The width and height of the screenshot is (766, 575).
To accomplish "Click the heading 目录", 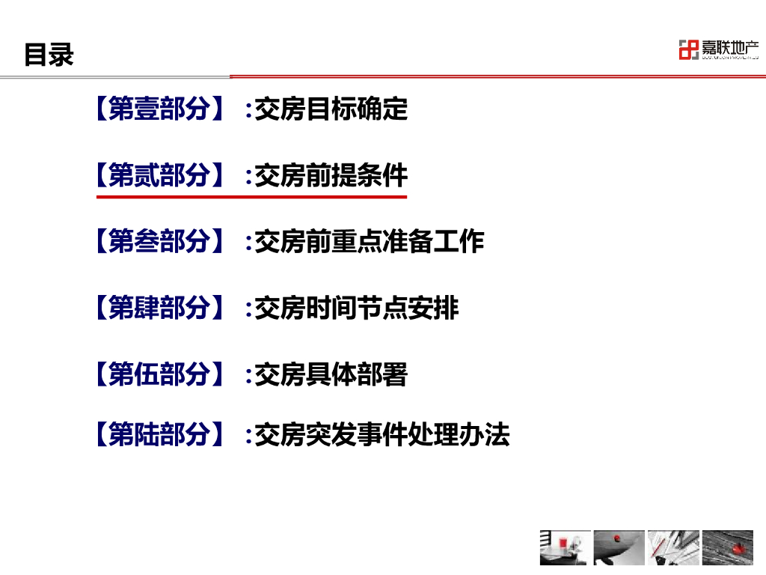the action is pyautogui.click(x=49, y=55).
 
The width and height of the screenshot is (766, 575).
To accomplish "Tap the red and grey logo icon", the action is pyautogui.click(x=687, y=50).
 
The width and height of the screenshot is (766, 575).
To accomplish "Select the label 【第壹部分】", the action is pyautogui.click(x=159, y=109).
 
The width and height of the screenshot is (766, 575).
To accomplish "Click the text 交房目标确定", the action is pyautogui.click(x=331, y=109).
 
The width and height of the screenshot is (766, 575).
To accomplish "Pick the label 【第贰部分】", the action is pyautogui.click(x=159, y=176).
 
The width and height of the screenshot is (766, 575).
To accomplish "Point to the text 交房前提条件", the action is pyautogui.click(x=331, y=176).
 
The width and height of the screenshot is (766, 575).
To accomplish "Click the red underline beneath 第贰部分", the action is pyautogui.click(x=251, y=197).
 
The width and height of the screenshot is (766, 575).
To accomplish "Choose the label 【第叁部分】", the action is pyautogui.click(x=159, y=242).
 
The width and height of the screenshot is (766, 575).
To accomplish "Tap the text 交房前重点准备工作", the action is pyautogui.click(x=370, y=242).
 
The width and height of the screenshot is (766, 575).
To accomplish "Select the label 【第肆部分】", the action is pyautogui.click(x=159, y=308).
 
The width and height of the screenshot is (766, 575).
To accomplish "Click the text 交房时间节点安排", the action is pyautogui.click(x=357, y=308).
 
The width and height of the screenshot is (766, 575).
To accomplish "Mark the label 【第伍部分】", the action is pyautogui.click(x=159, y=374).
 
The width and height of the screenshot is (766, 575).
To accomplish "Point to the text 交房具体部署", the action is pyautogui.click(x=331, y=374).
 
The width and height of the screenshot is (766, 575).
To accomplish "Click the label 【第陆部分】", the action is pyautogui.click(x=159, y=434).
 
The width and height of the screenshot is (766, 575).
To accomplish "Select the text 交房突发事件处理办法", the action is pyautogui.click(x=382, y=434).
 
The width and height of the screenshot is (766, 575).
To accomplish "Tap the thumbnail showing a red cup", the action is pyautogui.click(x=565, y=547).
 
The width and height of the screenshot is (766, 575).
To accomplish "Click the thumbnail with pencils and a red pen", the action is pyautogui.click(x=673, y=547).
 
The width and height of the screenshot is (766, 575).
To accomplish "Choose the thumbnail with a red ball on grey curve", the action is pyautogui.click(x=619, y=547).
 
